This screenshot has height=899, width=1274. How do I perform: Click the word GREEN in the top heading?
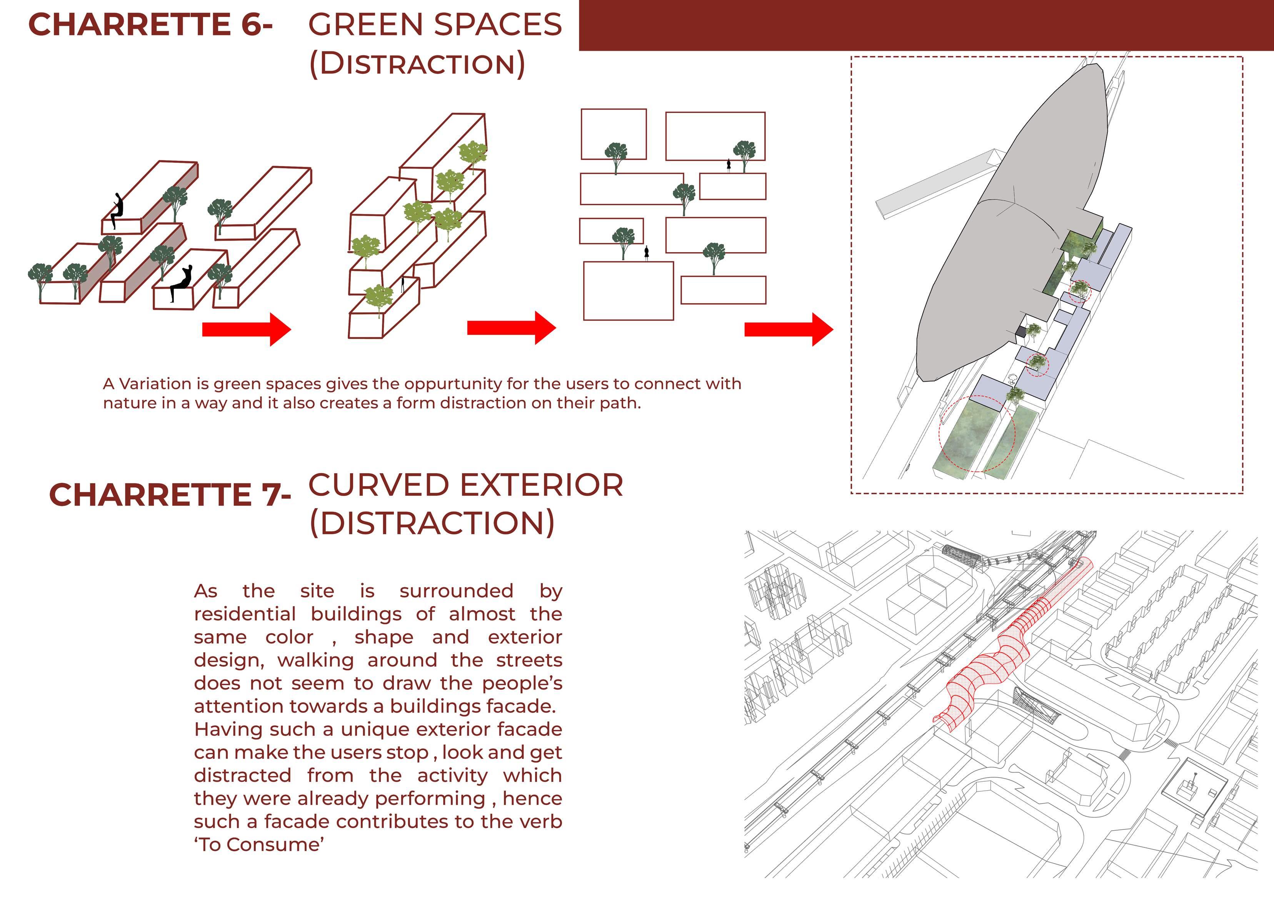362,25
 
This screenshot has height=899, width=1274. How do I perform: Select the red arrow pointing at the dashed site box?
788,329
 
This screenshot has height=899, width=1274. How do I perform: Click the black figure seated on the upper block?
117,211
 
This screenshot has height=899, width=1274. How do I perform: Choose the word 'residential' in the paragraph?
245,614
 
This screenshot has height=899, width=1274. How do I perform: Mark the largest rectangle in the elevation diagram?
628,291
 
